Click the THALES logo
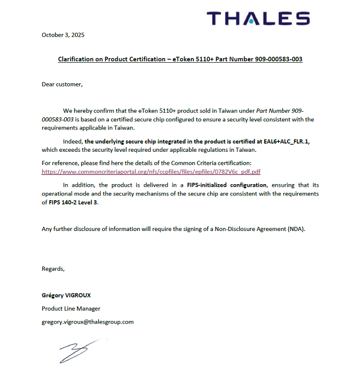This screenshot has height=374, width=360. pos(258,19)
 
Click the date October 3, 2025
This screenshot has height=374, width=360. pos(63,35)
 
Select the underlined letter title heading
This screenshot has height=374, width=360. pos(180,59)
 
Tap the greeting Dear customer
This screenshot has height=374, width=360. pos(62,84)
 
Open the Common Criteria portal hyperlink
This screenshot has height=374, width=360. pos(151,172)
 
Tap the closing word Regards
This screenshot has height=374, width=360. pos(53,269)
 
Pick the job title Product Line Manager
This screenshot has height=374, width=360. pos(71,309)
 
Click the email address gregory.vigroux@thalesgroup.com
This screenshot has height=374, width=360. pos(87,322)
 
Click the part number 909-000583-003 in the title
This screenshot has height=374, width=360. pos(278,59)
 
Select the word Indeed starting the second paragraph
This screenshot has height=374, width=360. pos(73,141)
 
